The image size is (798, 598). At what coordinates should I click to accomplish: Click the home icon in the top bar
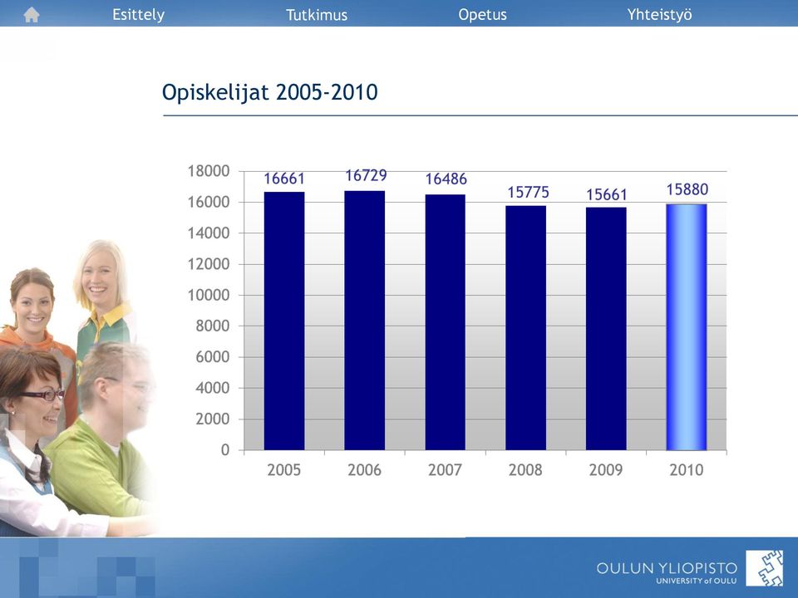pyautogui.click(x=32, y=15)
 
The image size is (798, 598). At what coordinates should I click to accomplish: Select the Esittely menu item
pyautogui.click(x=139, y=15)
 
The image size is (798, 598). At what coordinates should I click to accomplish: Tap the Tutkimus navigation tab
pyautogui.click(x=317, y=15)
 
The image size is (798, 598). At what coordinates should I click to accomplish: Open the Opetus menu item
pyautogui.click(x=482, y=15)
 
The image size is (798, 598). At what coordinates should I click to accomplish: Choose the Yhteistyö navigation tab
pyautogui.click(x=659, y=15)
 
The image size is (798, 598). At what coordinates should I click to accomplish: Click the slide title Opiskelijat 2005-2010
pyautogui.click(x=269, y=92)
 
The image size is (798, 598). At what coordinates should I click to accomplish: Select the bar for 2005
pyautogui.click(x=284, y=321)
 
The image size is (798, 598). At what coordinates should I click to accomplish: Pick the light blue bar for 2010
pyautogui.click(x=687, y=327)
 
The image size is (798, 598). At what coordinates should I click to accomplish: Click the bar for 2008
pyautogui.click(x=525, y=328)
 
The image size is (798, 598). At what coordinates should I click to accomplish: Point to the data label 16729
pyautogui.click(x=366, y=175)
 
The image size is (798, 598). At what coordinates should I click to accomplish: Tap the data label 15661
pyautogui.click(x=606, y=194)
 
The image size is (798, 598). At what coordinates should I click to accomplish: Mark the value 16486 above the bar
pyautogui.click(x=446, y=179)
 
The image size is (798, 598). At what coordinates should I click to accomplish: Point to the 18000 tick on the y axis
pyautogui.click(x=209, y=171)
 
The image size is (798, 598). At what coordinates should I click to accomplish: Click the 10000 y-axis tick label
pyautogui.click(x=209, y=295)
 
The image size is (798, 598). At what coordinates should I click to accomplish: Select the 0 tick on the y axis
pyautogui.click(x=225, y=450)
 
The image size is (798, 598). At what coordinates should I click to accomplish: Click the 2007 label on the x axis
pyautogui.click(x=445, y=470)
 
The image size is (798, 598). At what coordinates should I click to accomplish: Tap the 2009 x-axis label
pyautogui.click(x=606, y=470)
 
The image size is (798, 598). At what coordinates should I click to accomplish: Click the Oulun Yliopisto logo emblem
pyautogui.click(x=765, y=568)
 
